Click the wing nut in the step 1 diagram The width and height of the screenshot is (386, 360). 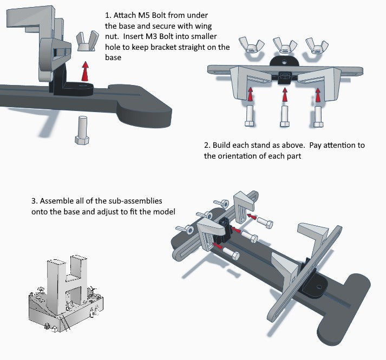[x=85, y=42]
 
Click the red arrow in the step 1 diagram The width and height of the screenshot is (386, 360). [x=84, y=70]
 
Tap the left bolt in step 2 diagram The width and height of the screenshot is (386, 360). [x=249, y=115]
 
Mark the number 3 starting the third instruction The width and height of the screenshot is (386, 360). [x=34, y=201]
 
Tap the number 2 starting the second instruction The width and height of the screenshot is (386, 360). [x=206, y=146]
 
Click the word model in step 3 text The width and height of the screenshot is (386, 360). [x=167, y=211]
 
